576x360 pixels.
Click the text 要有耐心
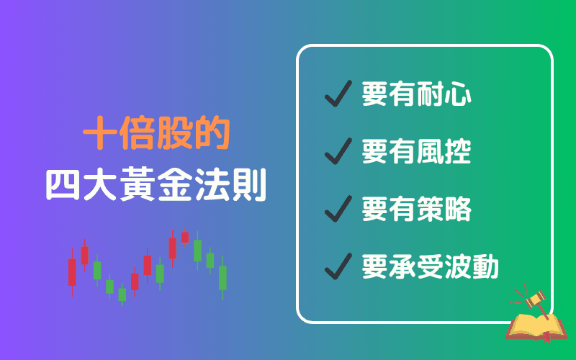point(417,94)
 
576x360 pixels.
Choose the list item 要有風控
point(417,152)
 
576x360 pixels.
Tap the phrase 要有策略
point(417,210)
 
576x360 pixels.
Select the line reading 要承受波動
point(431,267)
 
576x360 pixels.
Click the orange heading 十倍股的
point(156,134)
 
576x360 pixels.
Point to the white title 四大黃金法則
point(156,184)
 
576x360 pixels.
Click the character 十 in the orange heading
point(101,134)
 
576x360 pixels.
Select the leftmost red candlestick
point(72,272)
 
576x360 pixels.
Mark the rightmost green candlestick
point(222,277)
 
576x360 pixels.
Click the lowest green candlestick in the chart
point(122,294)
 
